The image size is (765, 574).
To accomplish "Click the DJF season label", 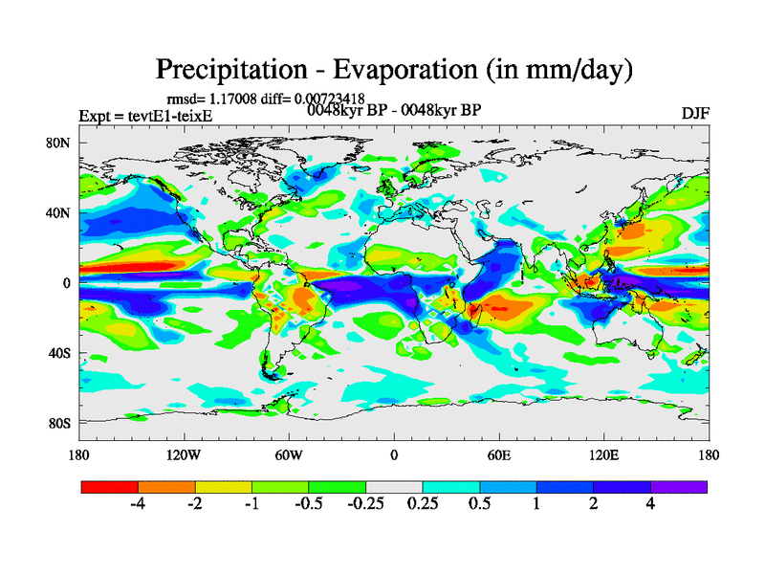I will click(x=694, y=113).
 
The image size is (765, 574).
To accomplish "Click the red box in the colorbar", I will click(x=110, y=487).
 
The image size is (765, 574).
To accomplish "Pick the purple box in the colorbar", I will click(x=679, y=487).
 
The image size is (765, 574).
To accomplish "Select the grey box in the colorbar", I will click(x=394, y=487).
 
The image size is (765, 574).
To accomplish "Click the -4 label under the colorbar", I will click(x=138, y=504).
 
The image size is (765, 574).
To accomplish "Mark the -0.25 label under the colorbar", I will click(x=365, y=504).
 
